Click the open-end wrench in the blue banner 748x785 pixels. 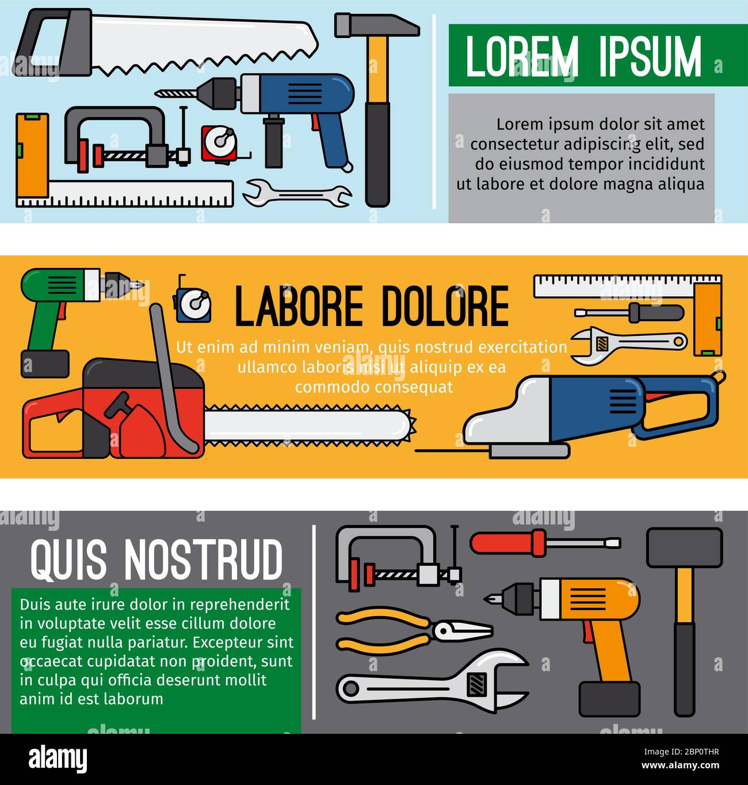pos(296,193)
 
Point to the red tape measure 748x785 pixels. pos(219,144)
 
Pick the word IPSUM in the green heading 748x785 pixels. pos(650,56)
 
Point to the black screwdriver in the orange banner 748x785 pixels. pos(630,312)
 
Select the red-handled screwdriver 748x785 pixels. pos(544,542)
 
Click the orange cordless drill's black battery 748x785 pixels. pos(609,699)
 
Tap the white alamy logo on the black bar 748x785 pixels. pos(58,759)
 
